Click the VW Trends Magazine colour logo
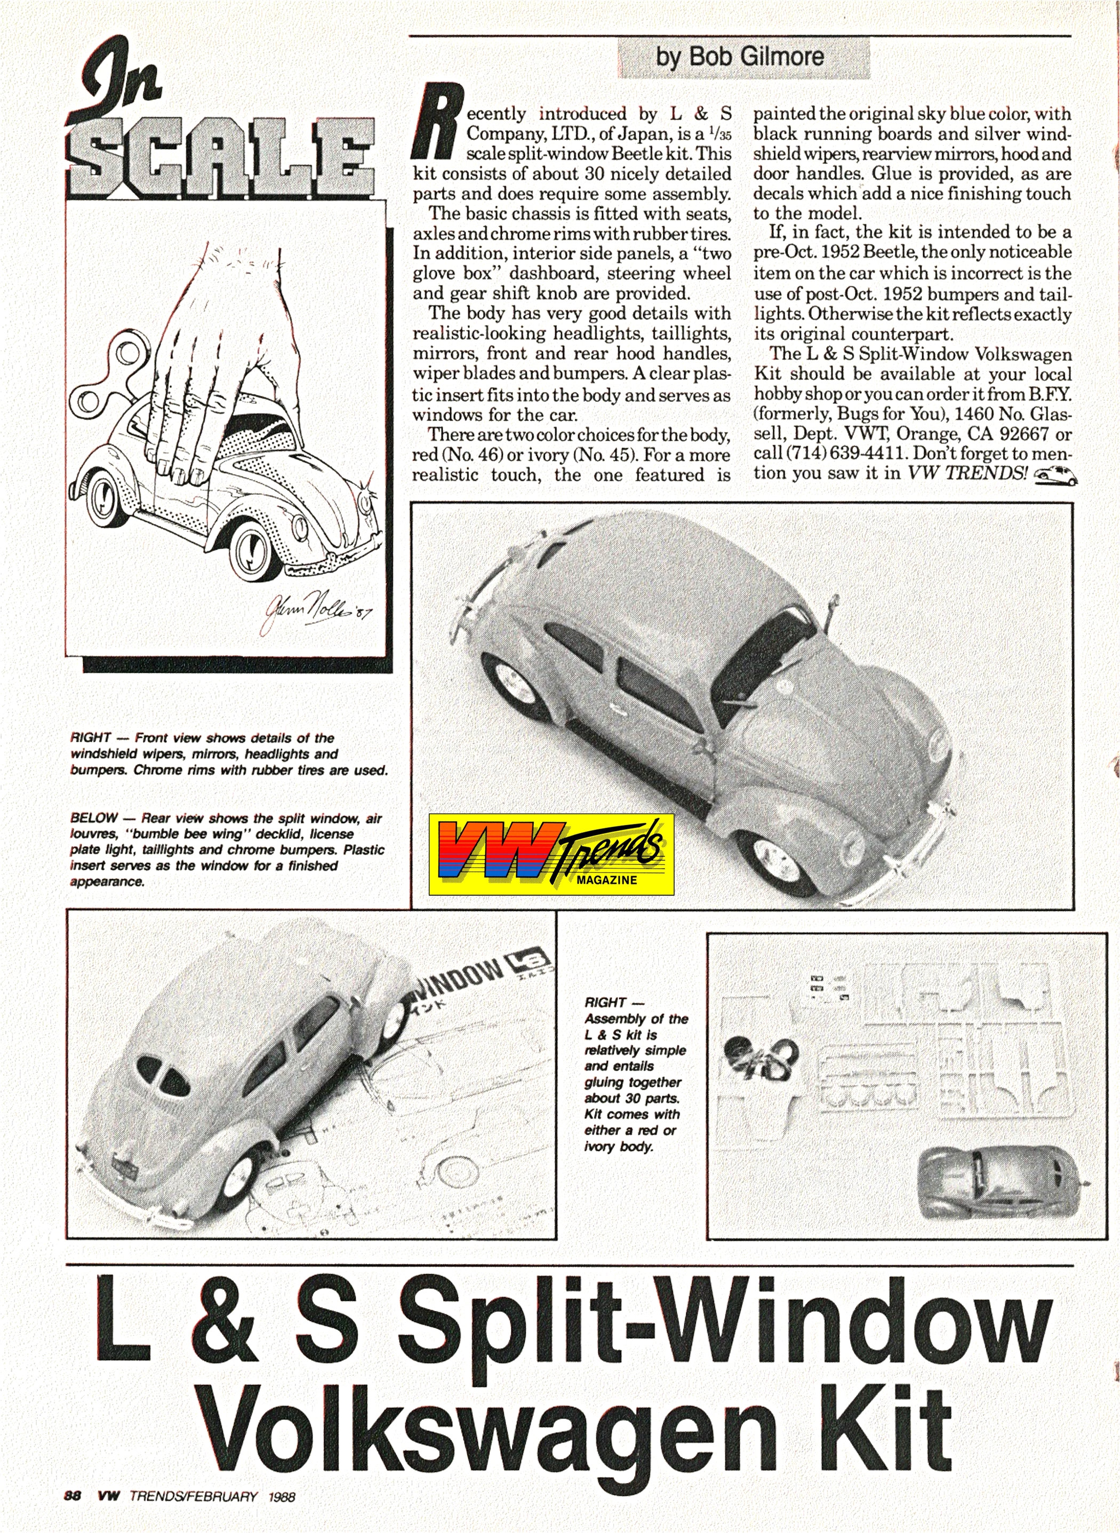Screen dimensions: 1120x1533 pyautogui.click(x=551, y=854)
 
